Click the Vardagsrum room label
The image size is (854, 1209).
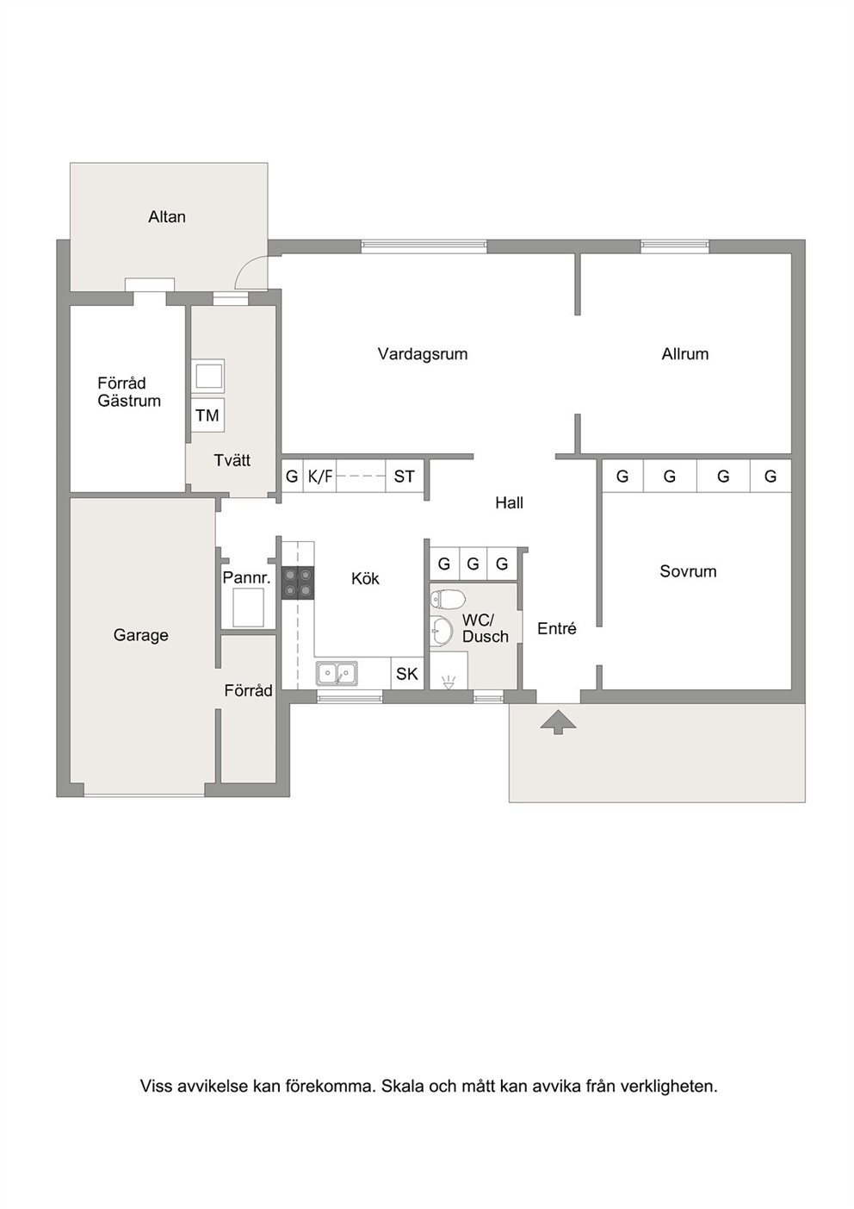pos(422,354)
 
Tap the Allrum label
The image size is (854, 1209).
pos(684,354)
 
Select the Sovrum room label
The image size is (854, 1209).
pos(688,571)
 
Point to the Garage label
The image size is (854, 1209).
pos(140,635)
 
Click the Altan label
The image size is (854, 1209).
pos(167,217)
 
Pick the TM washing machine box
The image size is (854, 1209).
pos(207,415)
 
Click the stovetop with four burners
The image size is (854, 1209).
pos(298,583)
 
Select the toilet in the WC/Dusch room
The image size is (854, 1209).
pos(447,599)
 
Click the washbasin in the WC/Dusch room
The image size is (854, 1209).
pos(443,630)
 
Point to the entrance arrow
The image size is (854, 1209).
pos(558,721)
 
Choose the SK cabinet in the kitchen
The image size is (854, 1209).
pos(407,674)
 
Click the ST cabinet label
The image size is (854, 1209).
pos(405,477)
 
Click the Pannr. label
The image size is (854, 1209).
pos(246,578)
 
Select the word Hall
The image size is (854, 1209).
pos(510,503)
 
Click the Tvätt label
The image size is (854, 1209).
pos(232,460)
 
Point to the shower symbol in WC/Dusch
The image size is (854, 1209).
pos(448,682)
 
